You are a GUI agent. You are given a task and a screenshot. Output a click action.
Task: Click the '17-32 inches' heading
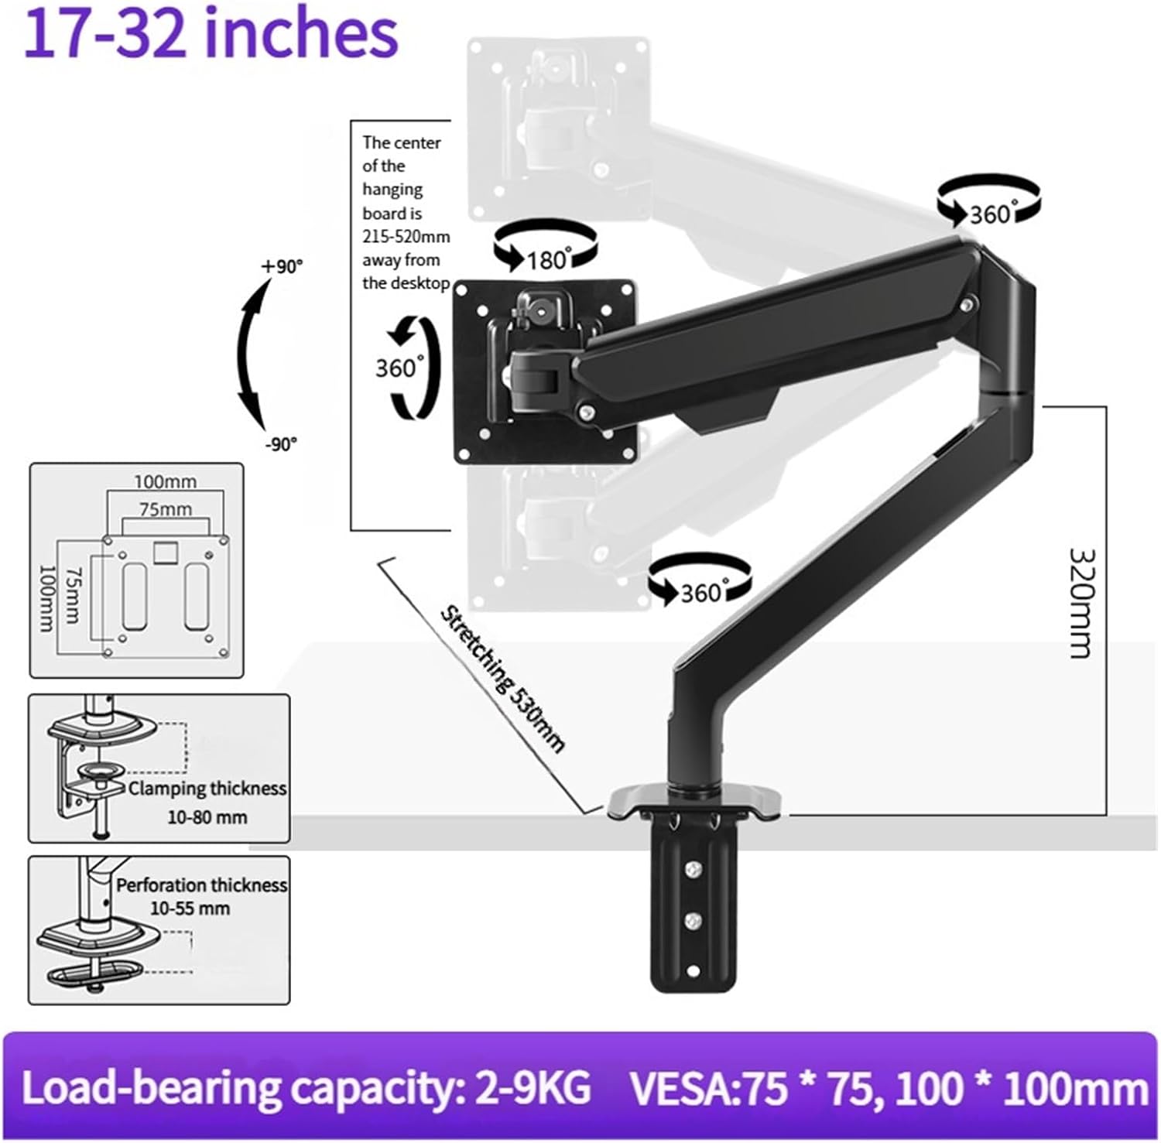tap(211, 35)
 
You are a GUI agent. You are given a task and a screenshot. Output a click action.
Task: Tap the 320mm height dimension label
tap(1081, 603)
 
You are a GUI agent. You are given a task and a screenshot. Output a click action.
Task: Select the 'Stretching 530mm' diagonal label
tap(502, 679)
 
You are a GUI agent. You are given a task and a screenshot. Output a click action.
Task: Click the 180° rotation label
tap(548, 259)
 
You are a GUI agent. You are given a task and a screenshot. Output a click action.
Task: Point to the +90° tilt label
tap(283, 266)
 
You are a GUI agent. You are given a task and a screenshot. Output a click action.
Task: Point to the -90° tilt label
tap(281, 444)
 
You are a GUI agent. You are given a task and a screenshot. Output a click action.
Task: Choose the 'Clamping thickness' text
tap(207, 789)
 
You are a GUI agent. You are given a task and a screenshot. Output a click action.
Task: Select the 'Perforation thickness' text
tap(201, 885)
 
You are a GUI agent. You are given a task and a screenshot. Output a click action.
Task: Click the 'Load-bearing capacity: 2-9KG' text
tap(306, 1087)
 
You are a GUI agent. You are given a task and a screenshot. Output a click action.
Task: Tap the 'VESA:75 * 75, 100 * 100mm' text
tap(889, 1089)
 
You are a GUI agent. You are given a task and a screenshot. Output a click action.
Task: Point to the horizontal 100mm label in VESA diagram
tap(165, 481)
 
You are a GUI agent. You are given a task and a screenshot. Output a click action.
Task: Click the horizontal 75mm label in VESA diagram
tap(166, 509)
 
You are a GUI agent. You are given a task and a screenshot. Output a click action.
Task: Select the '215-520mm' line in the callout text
tap(406, 237)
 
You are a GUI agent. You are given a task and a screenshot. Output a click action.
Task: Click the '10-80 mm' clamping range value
tap(207, 817)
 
